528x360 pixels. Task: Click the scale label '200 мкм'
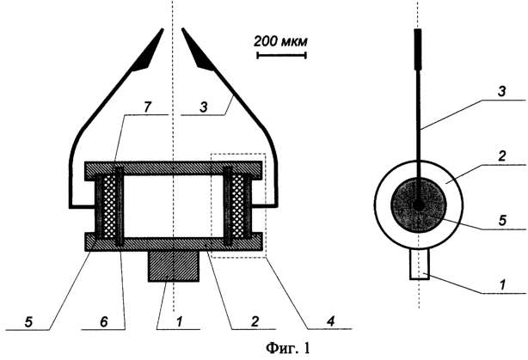click(280, 42)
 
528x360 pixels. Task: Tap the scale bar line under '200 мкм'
click(281, 55)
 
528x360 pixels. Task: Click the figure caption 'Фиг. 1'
click(287, 348)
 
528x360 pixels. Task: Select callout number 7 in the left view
click(148, 107)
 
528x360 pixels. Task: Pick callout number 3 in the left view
click(204, 107)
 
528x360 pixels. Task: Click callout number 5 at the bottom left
click(28, 322)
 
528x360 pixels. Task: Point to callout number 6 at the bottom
click(104, 322)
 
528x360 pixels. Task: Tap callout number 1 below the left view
click(180, 322)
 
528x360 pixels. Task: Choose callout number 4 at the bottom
click(331, 322)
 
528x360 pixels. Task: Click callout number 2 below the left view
click(255, 322)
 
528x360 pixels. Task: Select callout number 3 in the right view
click(501, 92)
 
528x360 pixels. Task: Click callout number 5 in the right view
click(502, 221)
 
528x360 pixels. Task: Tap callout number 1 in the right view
click(502, 285)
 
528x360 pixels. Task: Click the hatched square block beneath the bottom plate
click(174, 265)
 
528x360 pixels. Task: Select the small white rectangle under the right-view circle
click(420, 264)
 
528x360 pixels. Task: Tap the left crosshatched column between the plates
click(109, 207)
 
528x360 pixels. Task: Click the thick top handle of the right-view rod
click(418, 49)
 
